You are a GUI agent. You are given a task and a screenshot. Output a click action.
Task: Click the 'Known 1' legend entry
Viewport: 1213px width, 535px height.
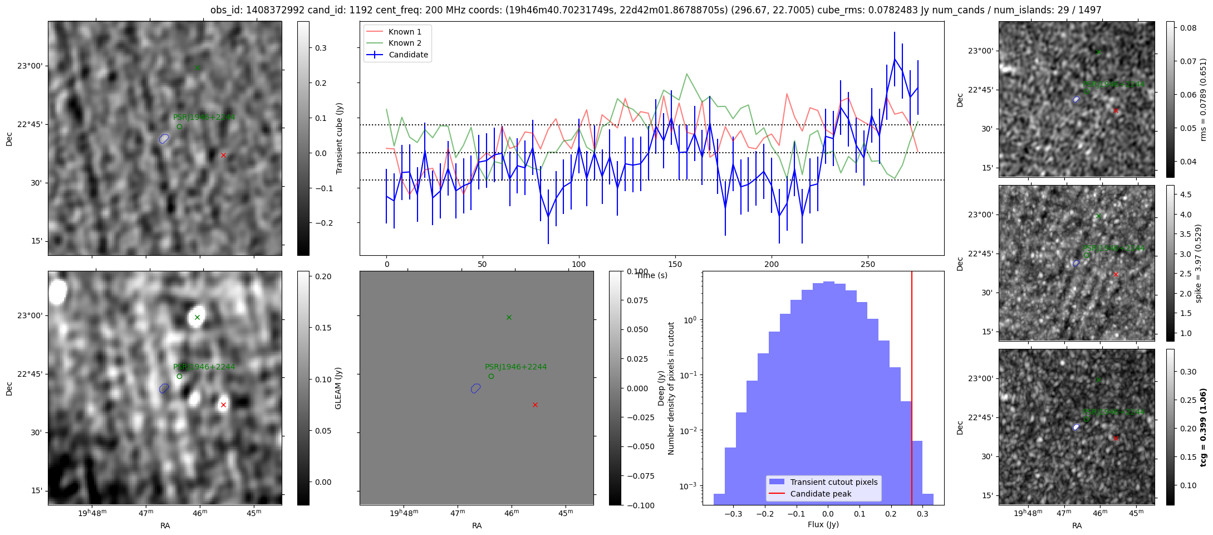[x=404, y=32]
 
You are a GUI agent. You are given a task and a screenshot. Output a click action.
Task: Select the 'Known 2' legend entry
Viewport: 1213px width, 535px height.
[x=404, y=43]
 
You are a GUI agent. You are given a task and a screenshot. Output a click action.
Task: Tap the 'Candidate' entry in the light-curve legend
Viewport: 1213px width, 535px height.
[x=408, y=55]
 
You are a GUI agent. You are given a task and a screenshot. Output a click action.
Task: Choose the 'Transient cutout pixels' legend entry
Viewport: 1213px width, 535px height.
[x=833, y=482]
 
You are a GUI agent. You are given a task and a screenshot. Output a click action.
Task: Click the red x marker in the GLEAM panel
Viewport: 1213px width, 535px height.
[x=223, y=405]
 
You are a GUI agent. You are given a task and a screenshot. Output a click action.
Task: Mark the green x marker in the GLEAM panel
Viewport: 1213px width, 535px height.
[x=197, y=318]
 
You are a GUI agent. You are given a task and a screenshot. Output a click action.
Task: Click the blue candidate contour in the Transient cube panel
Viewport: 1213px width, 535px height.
[x=164, y=139]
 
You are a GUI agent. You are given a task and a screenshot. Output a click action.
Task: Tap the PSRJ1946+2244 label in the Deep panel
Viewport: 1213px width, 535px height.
[x=515, y=367]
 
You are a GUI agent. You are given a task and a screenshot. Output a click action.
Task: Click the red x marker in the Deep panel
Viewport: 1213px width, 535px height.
[x=535, y=405]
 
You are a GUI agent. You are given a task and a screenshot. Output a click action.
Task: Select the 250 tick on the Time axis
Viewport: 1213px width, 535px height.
[x=868, y=264]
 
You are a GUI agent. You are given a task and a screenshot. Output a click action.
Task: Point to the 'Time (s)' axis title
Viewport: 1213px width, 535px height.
[x=651, y=275]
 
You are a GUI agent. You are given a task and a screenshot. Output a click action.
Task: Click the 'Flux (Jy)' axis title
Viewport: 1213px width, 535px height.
[x=823, y=524]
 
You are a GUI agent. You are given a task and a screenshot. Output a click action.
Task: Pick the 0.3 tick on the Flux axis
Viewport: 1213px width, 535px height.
[x=922, y=514]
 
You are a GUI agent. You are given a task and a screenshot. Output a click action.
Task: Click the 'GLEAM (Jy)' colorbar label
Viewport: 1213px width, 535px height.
[x=338, y=388]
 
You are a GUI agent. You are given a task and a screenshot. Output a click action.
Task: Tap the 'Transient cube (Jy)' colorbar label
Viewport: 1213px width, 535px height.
[x=339, y=138]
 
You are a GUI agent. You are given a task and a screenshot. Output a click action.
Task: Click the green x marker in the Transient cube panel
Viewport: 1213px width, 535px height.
[x=197, y=68]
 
